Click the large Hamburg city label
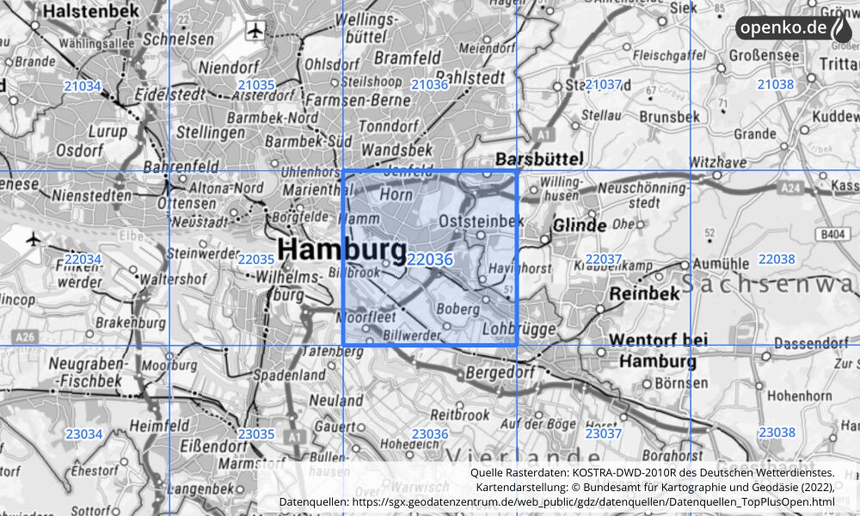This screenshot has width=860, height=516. point(342,251)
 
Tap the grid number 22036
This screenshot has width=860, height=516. point(430,260)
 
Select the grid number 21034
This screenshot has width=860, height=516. point(83,86)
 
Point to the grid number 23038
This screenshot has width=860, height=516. point(776,433)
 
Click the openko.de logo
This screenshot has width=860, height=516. point(793,28)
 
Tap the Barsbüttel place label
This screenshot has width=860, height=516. point(539,158)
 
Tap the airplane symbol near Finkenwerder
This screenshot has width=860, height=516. point(34,238)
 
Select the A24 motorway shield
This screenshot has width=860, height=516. point(792,187)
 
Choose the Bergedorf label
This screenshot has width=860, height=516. point(500,373)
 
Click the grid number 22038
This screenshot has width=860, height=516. point(776,260)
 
